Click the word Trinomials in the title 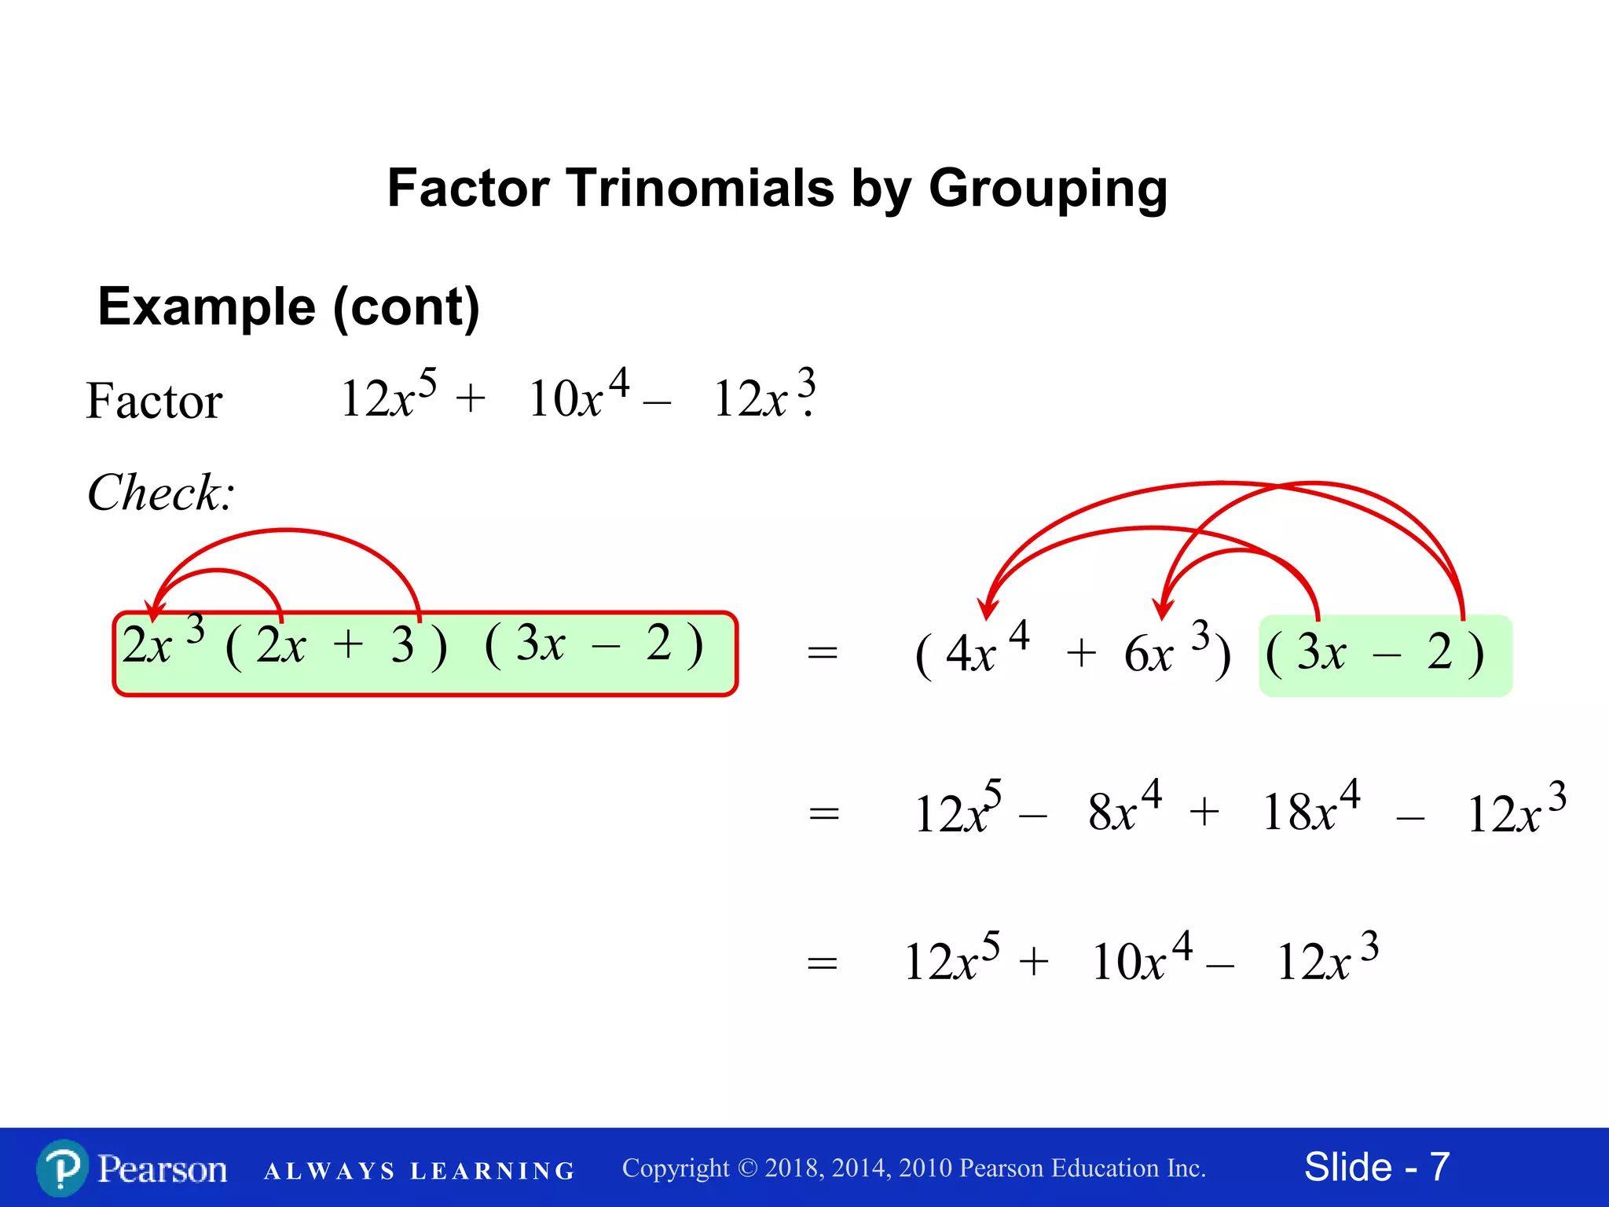point(699,189)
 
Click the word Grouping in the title point(1048,190)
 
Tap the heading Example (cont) point(288,306)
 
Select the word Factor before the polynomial point(154,401)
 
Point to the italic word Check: point(161,493)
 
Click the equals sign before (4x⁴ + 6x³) point(823,653)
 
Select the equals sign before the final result point(823,963)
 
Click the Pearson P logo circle point(62,1168)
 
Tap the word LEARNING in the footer point(493,1171)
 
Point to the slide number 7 point(1439,1167)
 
